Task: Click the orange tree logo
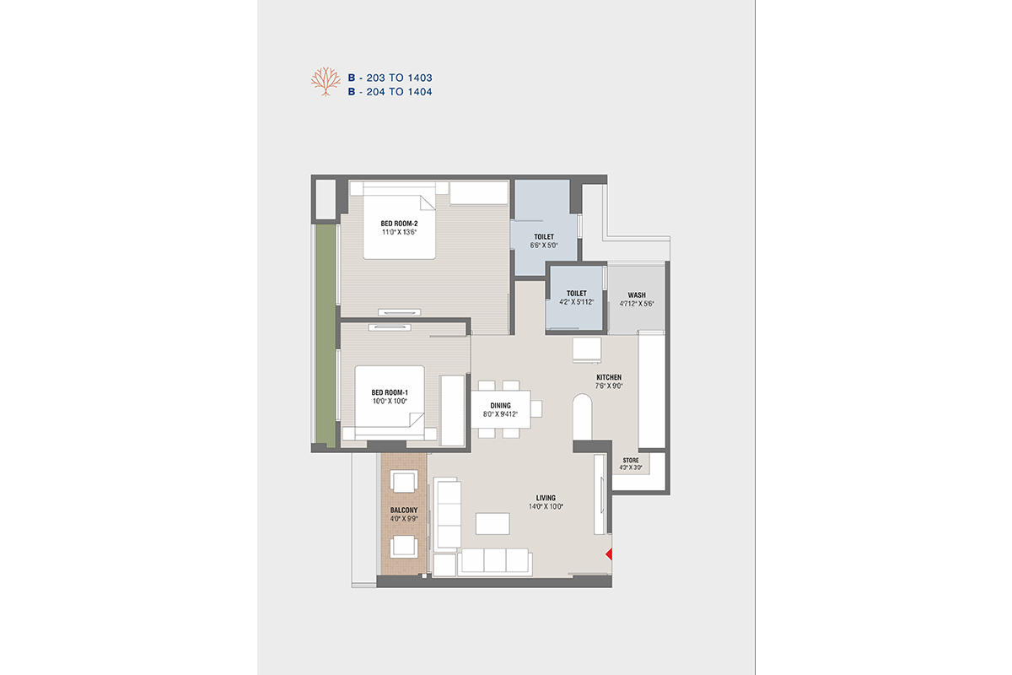click(x=326, y=82)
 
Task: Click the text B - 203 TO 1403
click(x=390, y=78)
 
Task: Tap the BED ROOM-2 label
click(x=399, y=224)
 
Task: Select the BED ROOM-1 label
click(x=390, y=392)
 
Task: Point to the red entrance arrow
click(x=609, y=553)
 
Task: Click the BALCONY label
click(x=404, y=510)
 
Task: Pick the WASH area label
click(x=637, y=295)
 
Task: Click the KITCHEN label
click(x=609, y=377)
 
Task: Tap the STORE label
click(x=631, y=460)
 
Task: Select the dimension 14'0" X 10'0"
click(x=546, y=506)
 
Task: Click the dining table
click(x=501, y=409)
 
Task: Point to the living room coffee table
click(x=493, y=523)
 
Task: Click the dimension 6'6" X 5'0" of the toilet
click(x=544, y=246)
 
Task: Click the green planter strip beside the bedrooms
click(x=326, y=336)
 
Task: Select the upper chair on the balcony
click(x=404, y=481)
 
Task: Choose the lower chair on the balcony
click(x=404, y=546)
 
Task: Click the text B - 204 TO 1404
click(x=390, y=92)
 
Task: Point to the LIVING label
click(x=546, y=498)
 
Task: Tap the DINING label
click(x=501, y=406)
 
